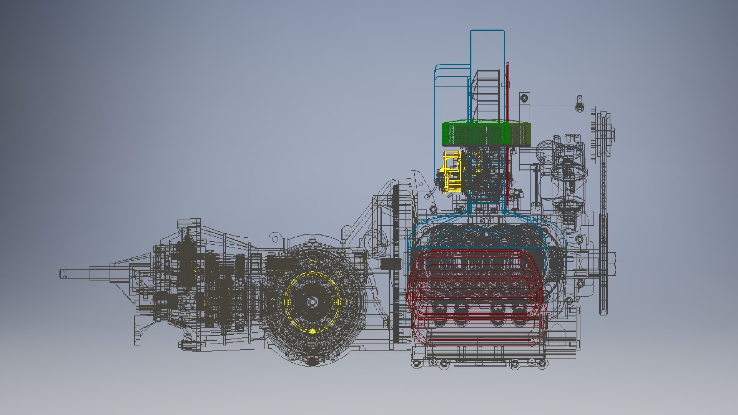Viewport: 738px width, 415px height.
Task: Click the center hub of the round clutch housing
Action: [312, 302]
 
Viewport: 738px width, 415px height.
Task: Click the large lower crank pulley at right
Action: [604, 265]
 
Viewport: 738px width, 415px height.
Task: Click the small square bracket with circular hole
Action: [524, 98]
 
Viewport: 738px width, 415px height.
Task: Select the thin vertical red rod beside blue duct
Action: [507, 127]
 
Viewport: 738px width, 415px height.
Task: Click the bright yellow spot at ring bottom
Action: [312, 331]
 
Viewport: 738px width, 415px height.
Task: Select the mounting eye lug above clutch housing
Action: [275, 239]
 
